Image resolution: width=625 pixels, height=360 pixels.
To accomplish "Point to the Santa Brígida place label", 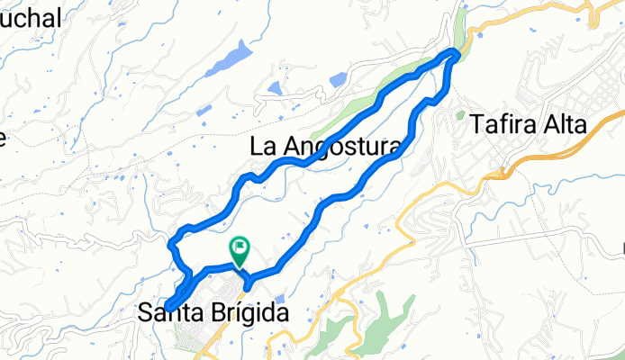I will tap(215, 312).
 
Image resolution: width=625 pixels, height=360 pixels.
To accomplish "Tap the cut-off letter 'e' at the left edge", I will tap(3, 138).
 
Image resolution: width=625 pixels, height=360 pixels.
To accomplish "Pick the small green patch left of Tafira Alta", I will tap(460, 116).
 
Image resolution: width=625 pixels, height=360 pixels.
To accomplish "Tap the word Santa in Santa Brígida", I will tap(169, 312).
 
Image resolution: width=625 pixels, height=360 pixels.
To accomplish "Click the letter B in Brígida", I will tap(216, 312).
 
